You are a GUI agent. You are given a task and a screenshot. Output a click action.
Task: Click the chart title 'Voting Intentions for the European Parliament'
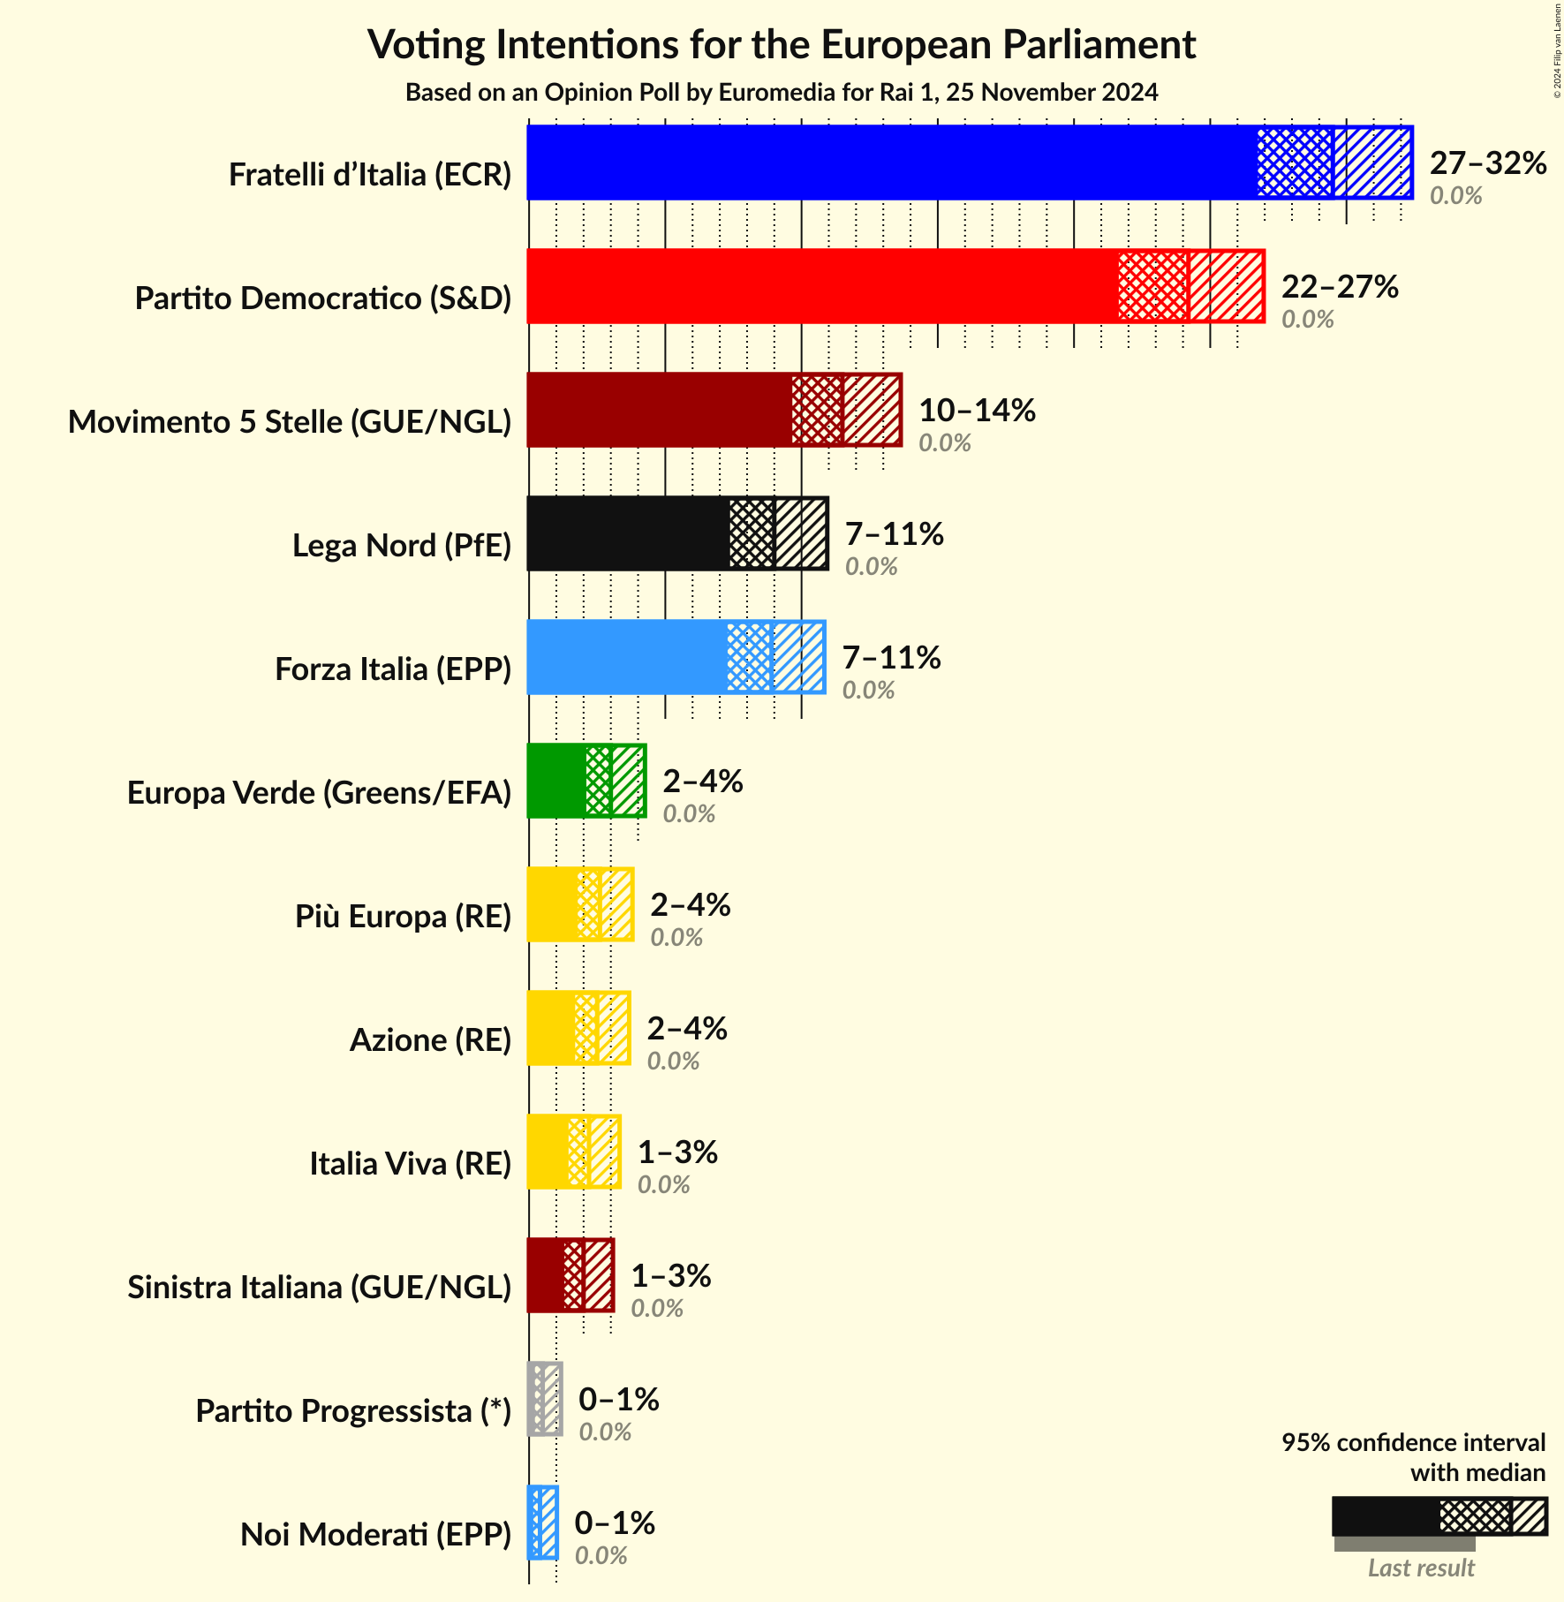(x=782, y=45)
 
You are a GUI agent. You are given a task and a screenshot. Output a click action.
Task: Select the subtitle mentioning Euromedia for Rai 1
(x=782, y=93)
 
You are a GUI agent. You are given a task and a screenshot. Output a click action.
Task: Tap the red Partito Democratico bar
(x=821, y=286)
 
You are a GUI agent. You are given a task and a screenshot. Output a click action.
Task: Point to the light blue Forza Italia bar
(x=627, y=657)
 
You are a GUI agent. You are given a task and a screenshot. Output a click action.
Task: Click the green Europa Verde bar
(x=556, y=781)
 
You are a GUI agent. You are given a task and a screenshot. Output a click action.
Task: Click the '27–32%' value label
(x=1488, y=163)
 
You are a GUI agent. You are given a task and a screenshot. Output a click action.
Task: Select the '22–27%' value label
(x=1340, y=287)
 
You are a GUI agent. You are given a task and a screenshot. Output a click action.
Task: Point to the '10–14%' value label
(x=977, y=411)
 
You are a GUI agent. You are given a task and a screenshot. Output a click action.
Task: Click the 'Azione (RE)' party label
(x=430, y=1040)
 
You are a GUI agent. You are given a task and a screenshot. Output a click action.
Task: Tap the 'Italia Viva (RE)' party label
(x=410, y=1164)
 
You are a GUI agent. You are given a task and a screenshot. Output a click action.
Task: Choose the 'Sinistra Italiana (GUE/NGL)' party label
(x=319, y=1288)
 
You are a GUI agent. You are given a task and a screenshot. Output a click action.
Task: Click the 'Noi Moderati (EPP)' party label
(x=375, y=1535)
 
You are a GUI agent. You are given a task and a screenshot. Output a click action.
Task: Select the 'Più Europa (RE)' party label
(x=403, y=917)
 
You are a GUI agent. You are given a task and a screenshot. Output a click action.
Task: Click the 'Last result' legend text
(x=1421, y=1568)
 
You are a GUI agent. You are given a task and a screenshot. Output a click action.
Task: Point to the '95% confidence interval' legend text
(x=1413, y=1443)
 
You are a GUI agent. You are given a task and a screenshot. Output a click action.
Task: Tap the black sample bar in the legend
(x=1385, y=1516)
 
